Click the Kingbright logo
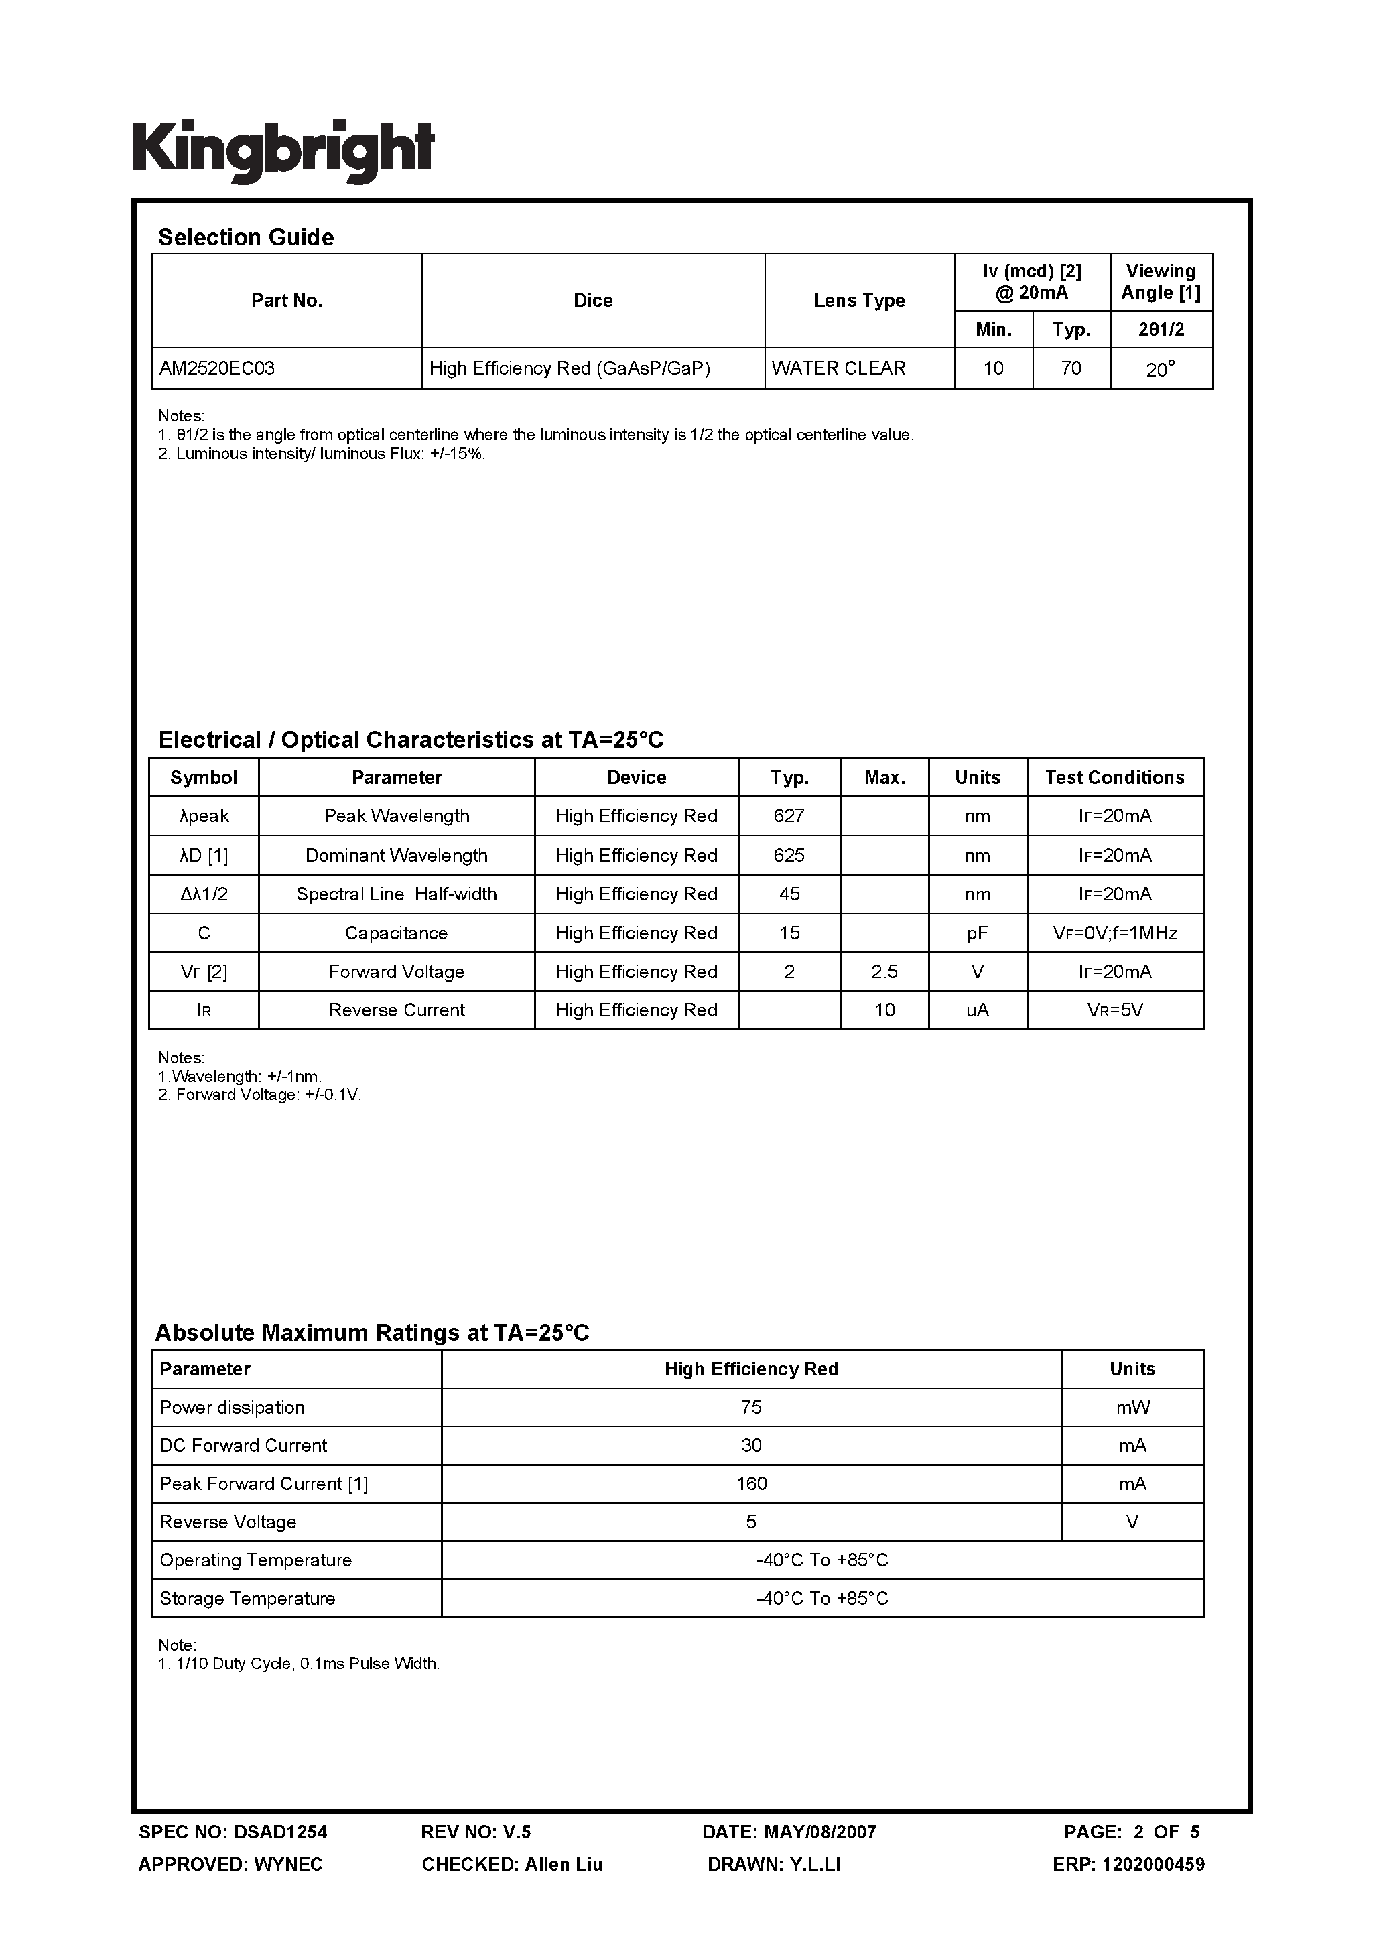[x=283, y=150]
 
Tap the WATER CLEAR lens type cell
[x=838, y=368]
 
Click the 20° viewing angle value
[x=1160, y=369]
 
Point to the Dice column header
[x=592, y=300]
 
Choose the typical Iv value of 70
[x=1070, y=368]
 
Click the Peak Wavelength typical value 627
[x=789, y=815]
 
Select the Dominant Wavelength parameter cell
[x=396, y=855]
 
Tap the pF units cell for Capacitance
[x=976, y=933]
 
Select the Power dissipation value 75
[x=751, y=1407]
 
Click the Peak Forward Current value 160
[x=751, y=1484]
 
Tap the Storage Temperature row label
[x=247, y=1598]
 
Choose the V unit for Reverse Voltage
[x=1132, y=1522]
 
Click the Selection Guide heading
[x=246, y=237]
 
